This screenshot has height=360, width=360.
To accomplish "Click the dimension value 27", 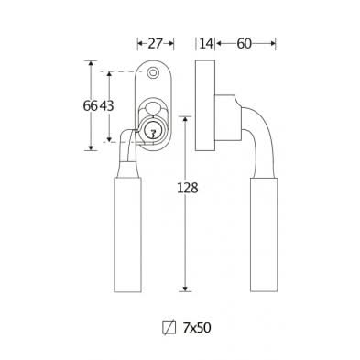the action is pos(155,44).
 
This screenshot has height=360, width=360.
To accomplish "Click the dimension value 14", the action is pos(206,44).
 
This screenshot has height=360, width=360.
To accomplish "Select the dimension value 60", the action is pos(244,44).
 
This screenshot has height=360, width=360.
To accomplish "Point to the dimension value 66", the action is pos(90,106).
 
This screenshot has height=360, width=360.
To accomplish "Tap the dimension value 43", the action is pos(107,106).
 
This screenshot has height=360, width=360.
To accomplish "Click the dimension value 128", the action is pos(188,188).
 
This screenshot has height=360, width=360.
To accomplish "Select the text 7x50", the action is pos(197,328).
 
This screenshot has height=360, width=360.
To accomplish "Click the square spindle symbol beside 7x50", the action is pos(169,328).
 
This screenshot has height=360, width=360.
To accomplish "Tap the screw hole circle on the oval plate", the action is pos(152,72).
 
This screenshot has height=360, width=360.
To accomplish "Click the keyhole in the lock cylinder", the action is pos(153,133).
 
